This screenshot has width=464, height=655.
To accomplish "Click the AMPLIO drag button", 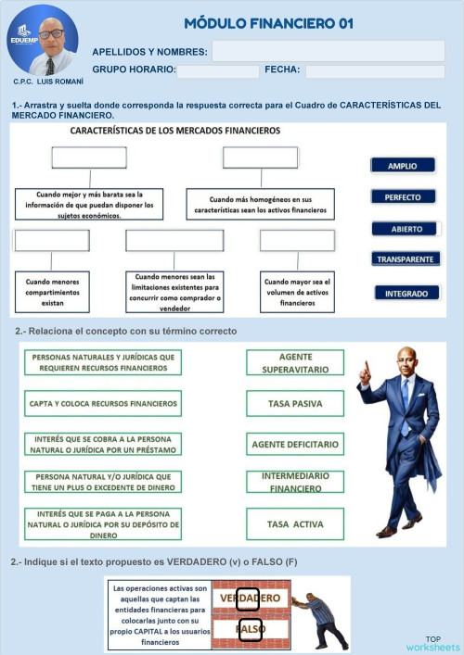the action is coord(403,166).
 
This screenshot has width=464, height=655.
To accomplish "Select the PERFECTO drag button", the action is coord(403,197).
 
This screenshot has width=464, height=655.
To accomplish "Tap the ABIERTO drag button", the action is coord(403,229).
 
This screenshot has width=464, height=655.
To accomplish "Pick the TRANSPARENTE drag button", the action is coord(403,259).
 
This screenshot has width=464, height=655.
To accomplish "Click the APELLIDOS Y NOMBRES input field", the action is coord(328,52).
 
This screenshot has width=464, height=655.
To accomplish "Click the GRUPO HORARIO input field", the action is coord(217,71).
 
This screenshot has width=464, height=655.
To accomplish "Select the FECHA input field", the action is coord(374,71).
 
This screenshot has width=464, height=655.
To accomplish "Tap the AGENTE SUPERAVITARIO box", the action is coord(295,362).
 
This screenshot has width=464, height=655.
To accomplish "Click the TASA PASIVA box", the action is coord(295,403).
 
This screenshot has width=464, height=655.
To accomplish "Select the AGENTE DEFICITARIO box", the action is coord(295,445).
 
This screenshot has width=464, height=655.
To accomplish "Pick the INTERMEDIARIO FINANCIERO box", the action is coord(295,482).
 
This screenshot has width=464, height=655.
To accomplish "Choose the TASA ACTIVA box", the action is coord(295,524).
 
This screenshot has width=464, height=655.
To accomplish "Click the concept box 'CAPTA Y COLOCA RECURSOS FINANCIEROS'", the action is coord(103,403).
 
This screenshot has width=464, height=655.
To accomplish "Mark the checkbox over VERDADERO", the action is coord(248,599).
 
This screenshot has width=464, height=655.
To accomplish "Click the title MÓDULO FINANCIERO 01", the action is coord(268,23).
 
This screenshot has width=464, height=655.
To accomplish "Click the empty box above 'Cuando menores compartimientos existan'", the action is coord(52,241).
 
